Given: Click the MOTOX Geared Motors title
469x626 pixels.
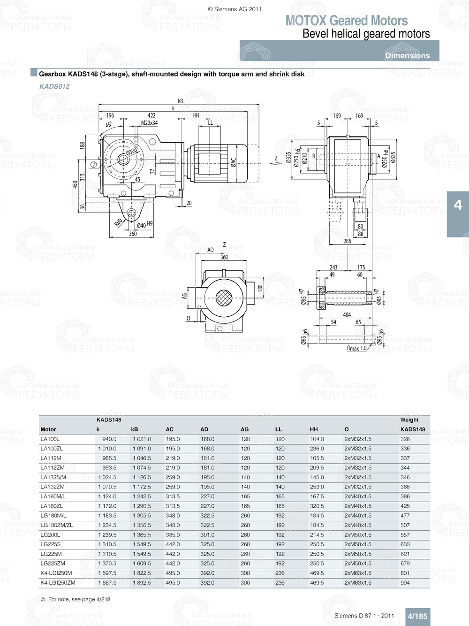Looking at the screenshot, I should pos(347,21).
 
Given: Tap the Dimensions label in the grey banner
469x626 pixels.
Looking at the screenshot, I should pos(407,55).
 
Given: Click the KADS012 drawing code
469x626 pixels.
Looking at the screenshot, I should pos(54,86).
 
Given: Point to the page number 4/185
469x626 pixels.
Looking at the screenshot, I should pos(417,616).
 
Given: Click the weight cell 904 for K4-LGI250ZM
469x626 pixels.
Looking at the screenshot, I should pos(405,583).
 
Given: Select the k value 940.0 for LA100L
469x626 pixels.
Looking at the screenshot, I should pos(109,439).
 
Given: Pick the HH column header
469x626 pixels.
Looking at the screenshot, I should pos(314,429).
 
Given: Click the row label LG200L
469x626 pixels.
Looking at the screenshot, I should pos(50,535).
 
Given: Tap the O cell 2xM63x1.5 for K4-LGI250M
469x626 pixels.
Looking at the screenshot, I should pos(358,573).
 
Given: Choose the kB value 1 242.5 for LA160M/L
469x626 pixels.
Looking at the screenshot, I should pos(141,496).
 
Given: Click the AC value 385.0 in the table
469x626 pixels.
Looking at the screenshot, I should pos(173,535).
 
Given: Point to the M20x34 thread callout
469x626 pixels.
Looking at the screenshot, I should pos(150,123).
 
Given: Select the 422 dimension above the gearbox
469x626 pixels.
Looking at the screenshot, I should pos(151,115).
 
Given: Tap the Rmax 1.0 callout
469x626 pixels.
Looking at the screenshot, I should pos(357,348).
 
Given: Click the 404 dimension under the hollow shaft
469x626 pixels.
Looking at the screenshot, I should pos(347,315).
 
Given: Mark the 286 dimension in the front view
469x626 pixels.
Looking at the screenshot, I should pos(347,241).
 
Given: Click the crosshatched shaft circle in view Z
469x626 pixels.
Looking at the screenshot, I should pos(224,298).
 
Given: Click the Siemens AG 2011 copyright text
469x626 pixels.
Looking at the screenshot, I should pos(234,9).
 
